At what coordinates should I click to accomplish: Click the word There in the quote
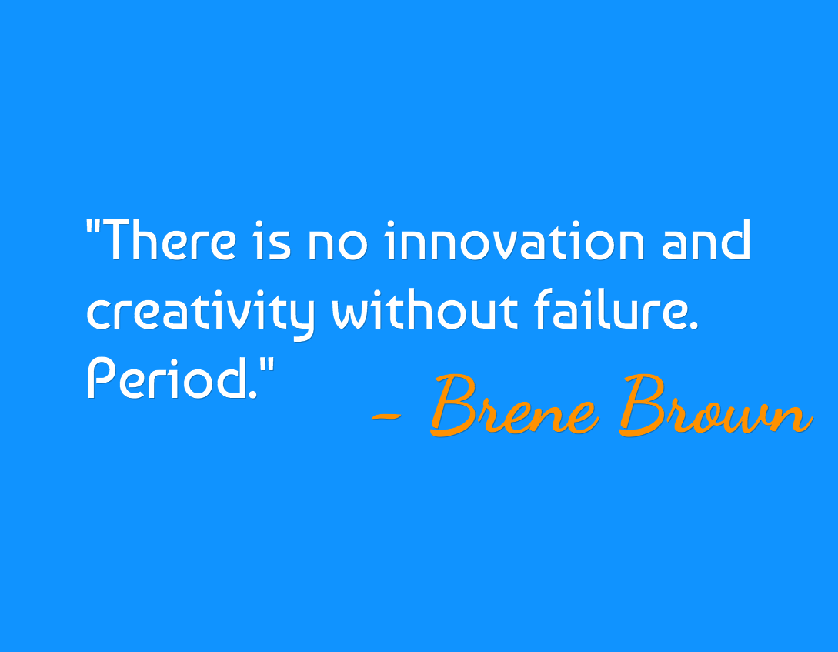pos(168,239)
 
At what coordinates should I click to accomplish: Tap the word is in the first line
pos(272,240)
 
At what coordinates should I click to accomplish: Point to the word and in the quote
pos(706,239)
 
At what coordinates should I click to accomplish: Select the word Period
pos(168,379)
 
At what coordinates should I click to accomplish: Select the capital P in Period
pos(102,379)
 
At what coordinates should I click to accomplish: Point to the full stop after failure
pos(693,326)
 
